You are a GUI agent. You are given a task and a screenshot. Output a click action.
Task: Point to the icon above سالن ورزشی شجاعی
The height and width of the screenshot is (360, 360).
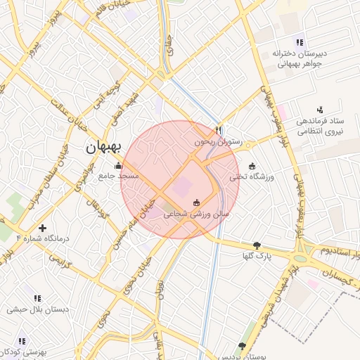tap(196, 203)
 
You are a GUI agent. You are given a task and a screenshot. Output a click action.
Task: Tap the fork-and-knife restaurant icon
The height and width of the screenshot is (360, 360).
tap(218, 130)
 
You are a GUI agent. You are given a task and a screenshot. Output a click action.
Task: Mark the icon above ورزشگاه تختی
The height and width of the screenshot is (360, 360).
tap(252, 165)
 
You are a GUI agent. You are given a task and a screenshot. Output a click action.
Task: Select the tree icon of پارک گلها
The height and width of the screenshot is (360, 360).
tap(257, 245)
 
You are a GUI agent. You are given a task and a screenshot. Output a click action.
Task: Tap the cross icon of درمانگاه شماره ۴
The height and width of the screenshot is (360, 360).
tap(43, 228)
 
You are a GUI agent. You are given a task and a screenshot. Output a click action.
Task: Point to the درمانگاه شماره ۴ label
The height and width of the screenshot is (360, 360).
tap(44, 238)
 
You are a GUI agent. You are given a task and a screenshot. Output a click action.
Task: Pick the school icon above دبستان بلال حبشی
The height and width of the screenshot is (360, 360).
tap(37, 298)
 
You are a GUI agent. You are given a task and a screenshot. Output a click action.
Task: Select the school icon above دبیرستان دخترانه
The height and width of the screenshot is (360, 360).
tap(300, 42)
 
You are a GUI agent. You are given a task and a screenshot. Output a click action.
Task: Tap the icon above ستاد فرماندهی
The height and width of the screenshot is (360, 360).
tap(320, 110)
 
